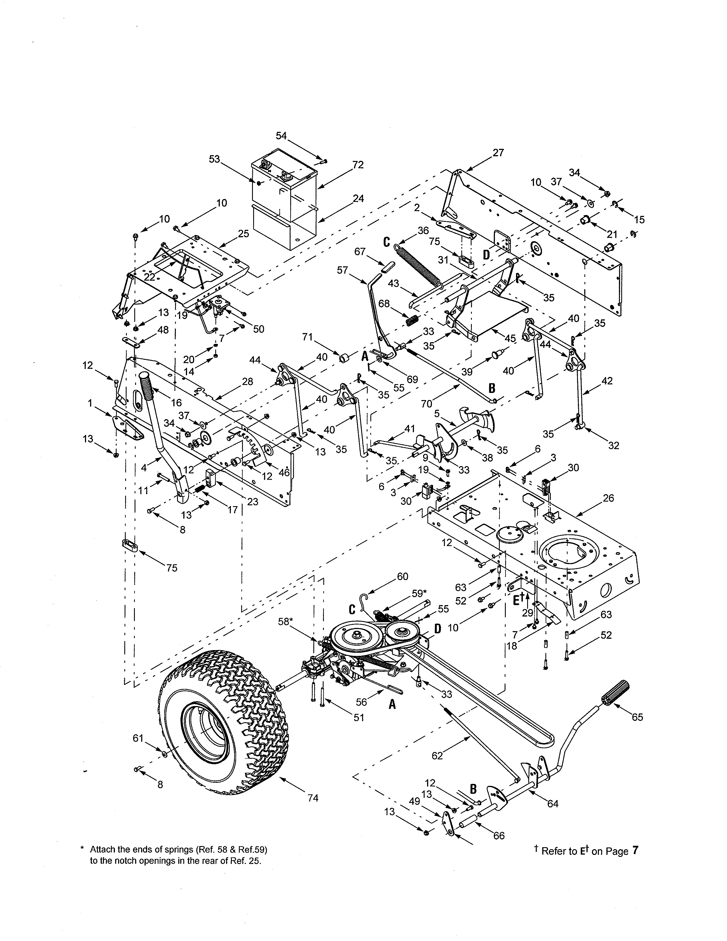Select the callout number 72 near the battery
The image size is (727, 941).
(358, 165)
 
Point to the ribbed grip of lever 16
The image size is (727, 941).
(147, 384)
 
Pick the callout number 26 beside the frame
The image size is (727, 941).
(608, 498)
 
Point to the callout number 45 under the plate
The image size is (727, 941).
(510, 339)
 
